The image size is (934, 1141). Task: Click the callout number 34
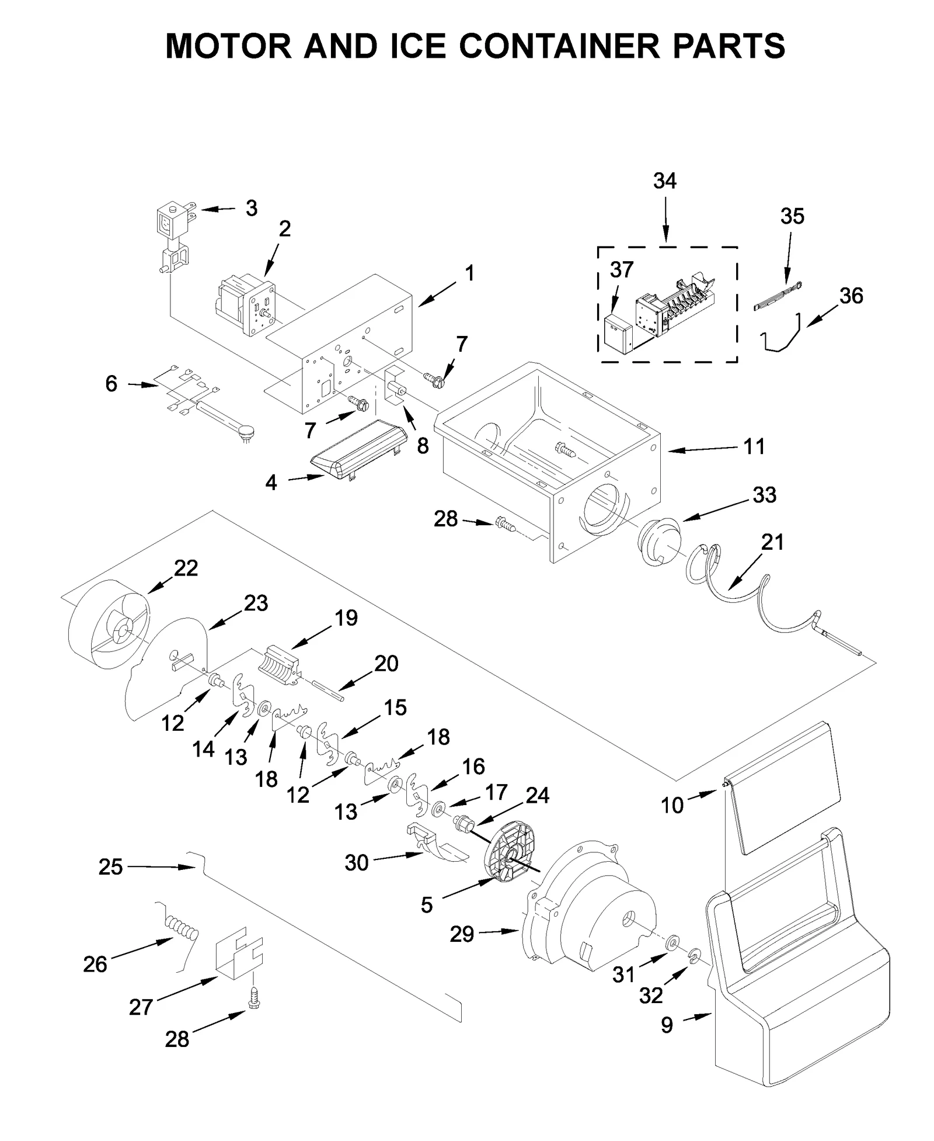point(664,181)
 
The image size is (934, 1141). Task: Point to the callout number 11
point(754,447)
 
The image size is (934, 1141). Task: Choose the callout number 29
point(462,934)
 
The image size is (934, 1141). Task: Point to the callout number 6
point(111,384)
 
